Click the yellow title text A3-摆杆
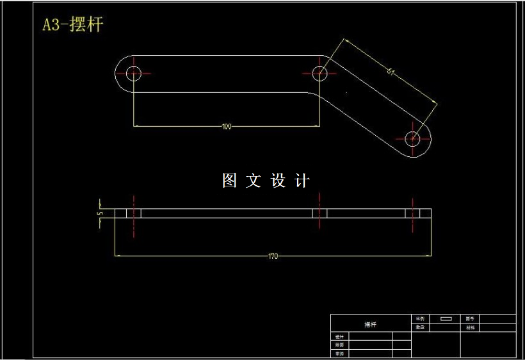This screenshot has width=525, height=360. pos(72,25)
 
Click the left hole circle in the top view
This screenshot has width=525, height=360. pos(133,72)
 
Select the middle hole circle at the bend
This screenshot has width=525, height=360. pos(319,72)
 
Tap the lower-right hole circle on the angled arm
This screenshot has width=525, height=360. pos(413,137)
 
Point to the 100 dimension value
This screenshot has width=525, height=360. pos(226,127)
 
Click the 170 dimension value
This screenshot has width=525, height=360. pos(273,256)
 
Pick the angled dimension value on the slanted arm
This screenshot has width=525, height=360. pos(391,71)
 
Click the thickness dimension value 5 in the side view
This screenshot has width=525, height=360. pos(99,213)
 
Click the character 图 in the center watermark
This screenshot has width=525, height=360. pos(230,181)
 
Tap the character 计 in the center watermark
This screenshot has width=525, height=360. pos(302,181)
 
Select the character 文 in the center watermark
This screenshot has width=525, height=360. pos(254,181)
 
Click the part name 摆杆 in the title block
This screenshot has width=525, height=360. pos(370,325)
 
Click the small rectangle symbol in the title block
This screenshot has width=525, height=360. pos(446,318)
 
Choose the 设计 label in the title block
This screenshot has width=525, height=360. pos(339,337)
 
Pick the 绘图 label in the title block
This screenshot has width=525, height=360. pos(339,345)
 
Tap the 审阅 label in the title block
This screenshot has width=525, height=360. pos(339,353)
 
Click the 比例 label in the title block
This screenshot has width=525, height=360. pos(420,318)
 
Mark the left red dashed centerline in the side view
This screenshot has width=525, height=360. pos(133,215)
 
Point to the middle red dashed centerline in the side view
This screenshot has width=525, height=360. pos(319,215)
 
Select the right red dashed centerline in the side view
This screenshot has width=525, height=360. pos(413,215)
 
